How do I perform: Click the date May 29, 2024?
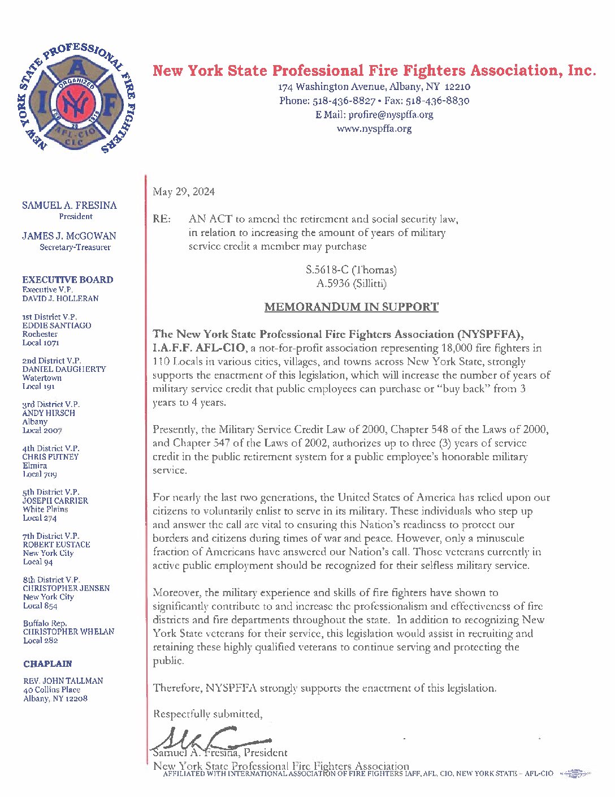tap(184, 192)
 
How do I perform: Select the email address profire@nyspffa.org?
tap(391, 114)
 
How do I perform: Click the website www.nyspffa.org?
tap(374, 128)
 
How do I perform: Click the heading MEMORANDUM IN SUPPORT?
tap(351, 307)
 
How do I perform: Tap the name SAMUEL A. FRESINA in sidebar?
tap(70, 205)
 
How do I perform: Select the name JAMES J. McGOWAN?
tap(70, 236)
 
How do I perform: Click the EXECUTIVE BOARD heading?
tap(68, 280)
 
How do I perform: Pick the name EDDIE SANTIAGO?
tap(57, 325)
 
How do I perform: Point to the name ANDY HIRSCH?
tap(49, 413)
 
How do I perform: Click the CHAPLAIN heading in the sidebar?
tap(47, 663)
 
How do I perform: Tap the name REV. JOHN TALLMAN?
tap(63, 681)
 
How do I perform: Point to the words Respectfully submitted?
tap(207, 714)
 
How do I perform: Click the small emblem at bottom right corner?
tap(575, 773)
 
